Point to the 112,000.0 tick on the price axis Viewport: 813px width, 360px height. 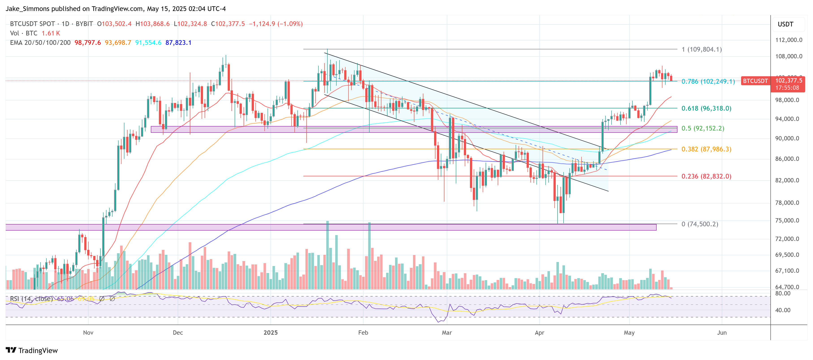788,40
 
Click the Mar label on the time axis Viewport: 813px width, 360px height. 447,333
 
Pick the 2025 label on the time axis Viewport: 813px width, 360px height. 270,333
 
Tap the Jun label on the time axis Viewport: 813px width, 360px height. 722,333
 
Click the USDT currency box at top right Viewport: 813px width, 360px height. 785,24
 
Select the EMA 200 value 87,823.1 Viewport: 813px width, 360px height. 178,43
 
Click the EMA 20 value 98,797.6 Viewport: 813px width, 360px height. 87,43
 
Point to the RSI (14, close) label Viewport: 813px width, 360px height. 31,299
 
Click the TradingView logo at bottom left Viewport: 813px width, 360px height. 32,351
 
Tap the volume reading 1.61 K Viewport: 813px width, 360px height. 51,33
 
